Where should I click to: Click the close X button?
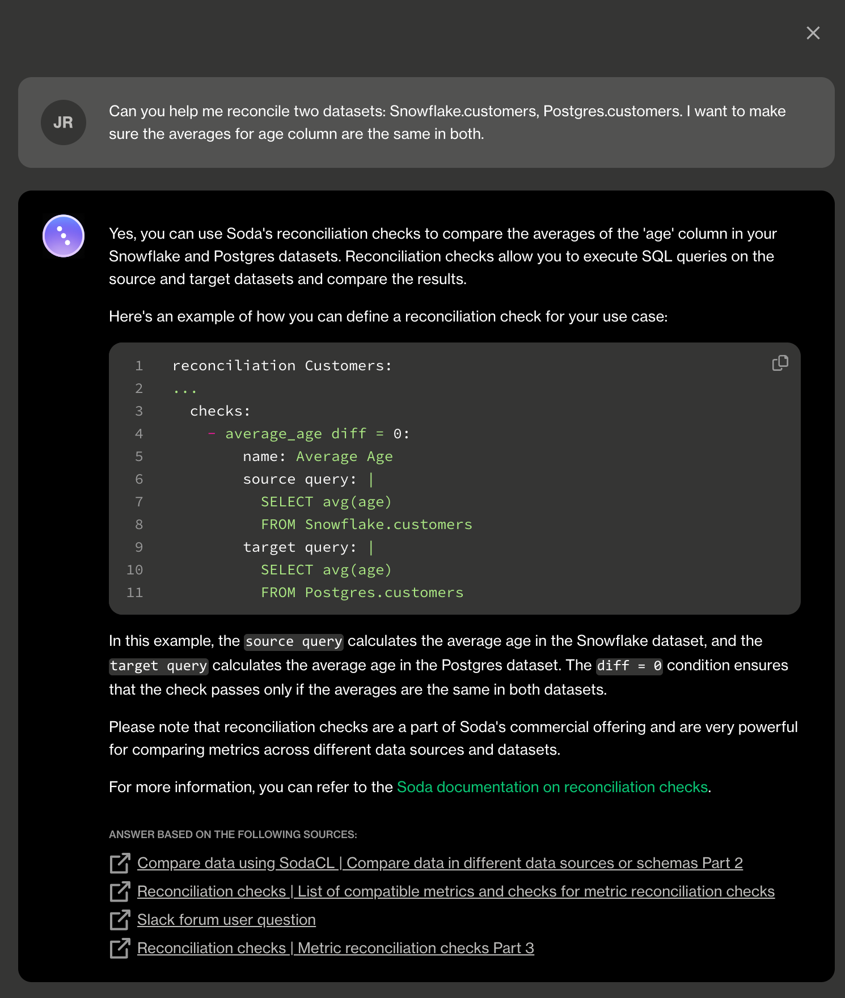pos(813,33)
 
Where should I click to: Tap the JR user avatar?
pos(64,122)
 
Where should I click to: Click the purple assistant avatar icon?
pos(64,236)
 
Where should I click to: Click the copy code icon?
pos(780,363)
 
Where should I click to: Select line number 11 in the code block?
pos(134,593)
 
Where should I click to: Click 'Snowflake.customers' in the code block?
pos(388,525)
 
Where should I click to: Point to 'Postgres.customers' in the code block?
pos(384,593)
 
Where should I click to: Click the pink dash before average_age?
pos(212,434)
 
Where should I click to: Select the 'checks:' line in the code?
pos(220,411)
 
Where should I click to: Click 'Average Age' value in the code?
pos(344,456)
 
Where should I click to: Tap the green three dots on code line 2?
pos(185,390)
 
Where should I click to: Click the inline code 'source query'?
pos(294,641)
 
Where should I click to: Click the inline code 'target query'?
pos(159,666)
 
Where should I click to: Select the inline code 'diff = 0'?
pos(629,666)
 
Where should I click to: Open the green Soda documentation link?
pos(552,787)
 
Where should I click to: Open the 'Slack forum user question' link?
pos(226,920)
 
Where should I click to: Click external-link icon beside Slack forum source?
pos(120,920)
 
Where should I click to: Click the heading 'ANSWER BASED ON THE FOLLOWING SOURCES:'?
pos(233,835)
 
